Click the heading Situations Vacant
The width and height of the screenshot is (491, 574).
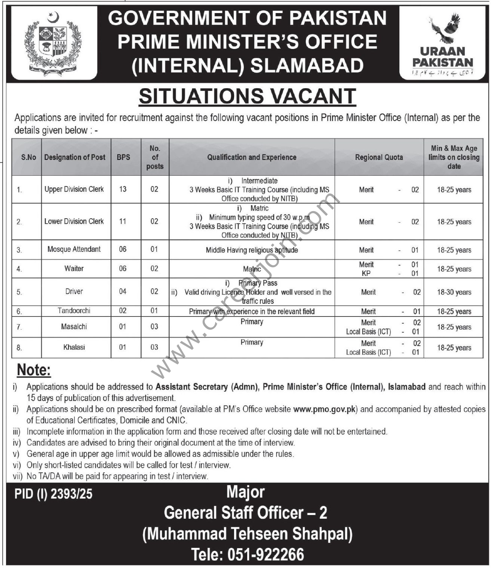pyautogui.click(x=247, y=96)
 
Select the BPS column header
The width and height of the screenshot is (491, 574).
pyautogui.click(x=123, y=157)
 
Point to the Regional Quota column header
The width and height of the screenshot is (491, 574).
pyautogui.click(x=379, y=157)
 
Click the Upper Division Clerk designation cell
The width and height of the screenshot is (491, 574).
pyautogui.click(x=74, y=189)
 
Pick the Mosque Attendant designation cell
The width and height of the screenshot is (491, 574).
pyautogui.click(x=74, y=249)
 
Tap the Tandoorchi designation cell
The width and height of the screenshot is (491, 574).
pyautogui.click(x=74, y=311)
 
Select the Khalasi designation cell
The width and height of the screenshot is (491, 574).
pyautogui.click(x=74, y=347)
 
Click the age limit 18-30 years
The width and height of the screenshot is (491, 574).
pyautogui.click(x=454, y=292)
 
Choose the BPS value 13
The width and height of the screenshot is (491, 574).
pyautogui.click(x=123, y=189)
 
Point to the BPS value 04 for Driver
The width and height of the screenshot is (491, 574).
pyautogui.click(x=123, y=291)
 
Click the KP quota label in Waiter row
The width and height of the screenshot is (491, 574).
pyautogui.click(x=366, y=274)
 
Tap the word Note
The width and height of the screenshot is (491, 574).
pyautogui.click(x=34, y=370)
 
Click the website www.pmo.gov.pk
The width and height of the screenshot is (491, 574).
pyautogui.click(x=325, y=409)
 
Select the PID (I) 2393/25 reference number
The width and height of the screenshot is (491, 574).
pyautogui.click(x=53, y=494)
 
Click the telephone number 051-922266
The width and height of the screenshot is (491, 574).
pyautogui.click(x=248, y=554)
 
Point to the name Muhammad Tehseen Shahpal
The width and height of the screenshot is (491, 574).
pyautogui.click(x=247, y=534)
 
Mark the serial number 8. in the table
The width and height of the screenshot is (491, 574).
pyautogui.click(x=19, y=348)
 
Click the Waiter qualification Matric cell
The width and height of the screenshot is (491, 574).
pyautogui.click(x=252, y=269)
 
